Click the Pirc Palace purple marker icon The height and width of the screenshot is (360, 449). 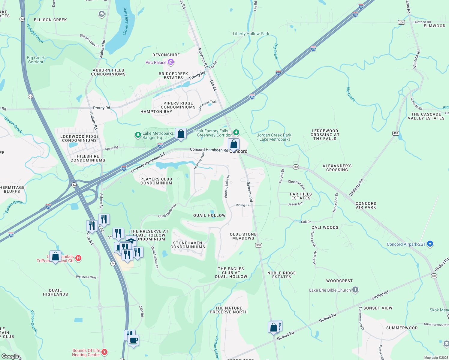tap(171, 62)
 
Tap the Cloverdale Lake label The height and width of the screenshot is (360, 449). tap(125, 22)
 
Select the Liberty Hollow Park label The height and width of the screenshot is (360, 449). tap(251, 34)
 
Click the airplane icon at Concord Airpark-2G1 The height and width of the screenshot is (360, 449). tap(430, 244)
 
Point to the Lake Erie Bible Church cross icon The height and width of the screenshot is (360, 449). tap(355, 290)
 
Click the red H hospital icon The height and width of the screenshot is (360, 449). tap(78, 258)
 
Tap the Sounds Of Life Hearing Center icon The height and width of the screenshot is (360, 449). tap(104, 352)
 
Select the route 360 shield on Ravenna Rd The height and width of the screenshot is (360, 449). tap(258, 245)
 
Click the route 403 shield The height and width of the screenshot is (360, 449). tap(395, 133)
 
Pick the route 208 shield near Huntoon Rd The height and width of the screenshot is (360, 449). tap(401, 22)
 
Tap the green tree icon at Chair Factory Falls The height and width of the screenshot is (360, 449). tap(236, 132)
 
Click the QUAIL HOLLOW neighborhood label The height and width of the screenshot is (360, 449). tap(209, 215)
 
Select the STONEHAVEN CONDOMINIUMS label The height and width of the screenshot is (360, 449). tap(188, 245)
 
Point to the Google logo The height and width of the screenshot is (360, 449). tap(10, 356)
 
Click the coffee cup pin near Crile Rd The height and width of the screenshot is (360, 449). tap(134, 340)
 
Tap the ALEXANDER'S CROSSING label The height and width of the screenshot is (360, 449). tap(337, 168)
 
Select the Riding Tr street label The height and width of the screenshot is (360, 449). tap(242, 205)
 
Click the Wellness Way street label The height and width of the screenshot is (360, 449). tap(86, 277)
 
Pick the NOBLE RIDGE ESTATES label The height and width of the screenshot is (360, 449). tap(282, 275)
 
